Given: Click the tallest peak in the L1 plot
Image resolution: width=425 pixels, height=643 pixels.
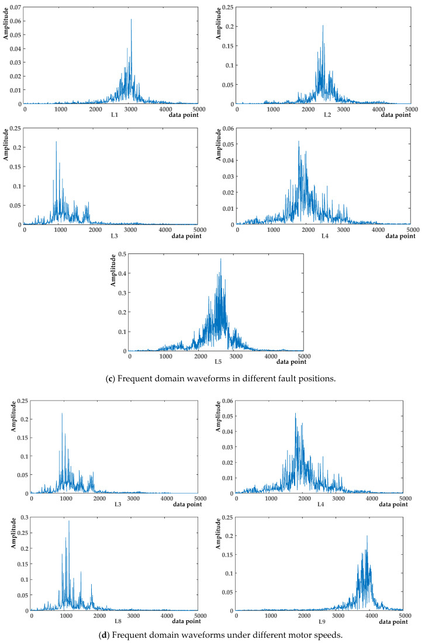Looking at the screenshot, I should pyautogui.click(x=131, y=20).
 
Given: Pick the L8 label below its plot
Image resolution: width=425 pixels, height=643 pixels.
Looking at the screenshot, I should pyautogui.click(x=118, y=621).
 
